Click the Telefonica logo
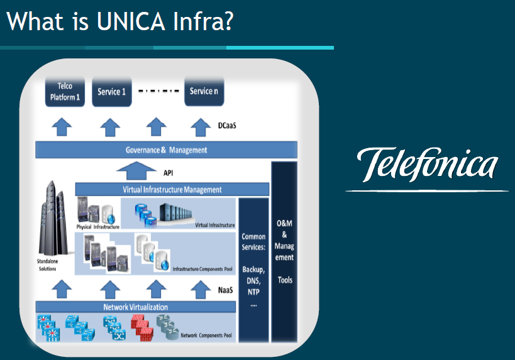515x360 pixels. (x=427, y=165)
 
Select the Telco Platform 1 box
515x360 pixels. (x=65, y=92)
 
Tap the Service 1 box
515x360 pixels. (x=111, y=92)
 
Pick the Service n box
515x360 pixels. (x=204, y=91)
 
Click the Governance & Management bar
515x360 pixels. (x=166, y=150)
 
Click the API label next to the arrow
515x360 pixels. (x=168, y=172)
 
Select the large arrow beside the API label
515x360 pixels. (x=135, y=170)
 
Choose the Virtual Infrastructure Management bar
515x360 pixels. (x=172, y=189)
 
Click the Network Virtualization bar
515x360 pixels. (x=135, y=307)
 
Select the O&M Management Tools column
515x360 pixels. (x=284, y=251)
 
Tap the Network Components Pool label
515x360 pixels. (x=206, y=335)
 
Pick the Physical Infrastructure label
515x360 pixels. (x=97, y=226)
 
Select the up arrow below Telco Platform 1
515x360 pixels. (x=61, y=127)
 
